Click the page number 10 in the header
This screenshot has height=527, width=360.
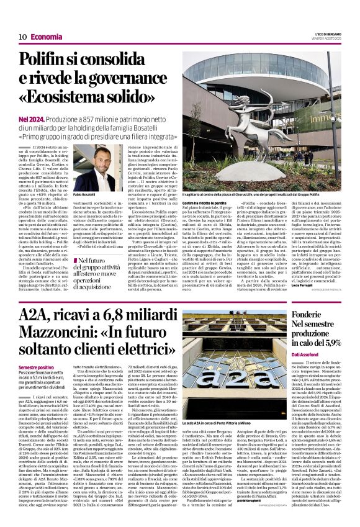coord(22,37)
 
